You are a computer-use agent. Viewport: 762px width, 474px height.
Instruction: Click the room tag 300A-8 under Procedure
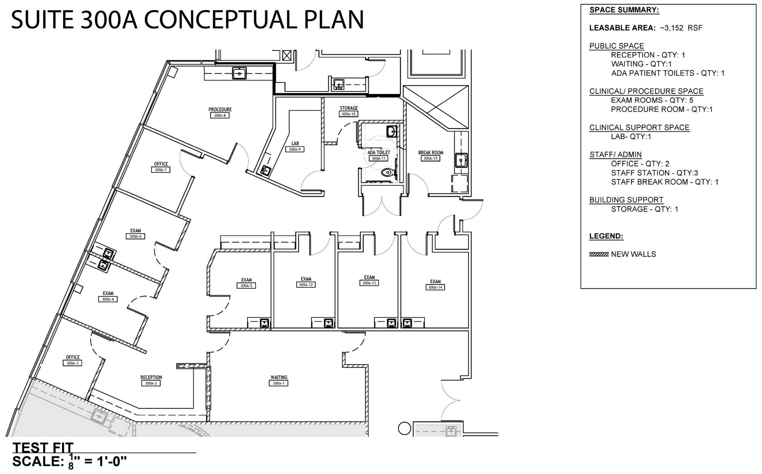[220, 115]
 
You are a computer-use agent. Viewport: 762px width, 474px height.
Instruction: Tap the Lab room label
[295, 144]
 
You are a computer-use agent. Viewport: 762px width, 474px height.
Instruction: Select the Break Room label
[431, 153]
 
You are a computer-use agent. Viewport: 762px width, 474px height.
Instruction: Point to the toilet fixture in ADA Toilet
[387, 172]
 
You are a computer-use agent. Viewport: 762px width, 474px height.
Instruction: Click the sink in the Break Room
[461, 160]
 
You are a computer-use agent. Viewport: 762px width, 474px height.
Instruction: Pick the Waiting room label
[279, 377]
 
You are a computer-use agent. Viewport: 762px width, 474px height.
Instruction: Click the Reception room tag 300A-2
[151, 383]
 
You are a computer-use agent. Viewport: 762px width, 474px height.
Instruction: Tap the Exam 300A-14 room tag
[435, 287]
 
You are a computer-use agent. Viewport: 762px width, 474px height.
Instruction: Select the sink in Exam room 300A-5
[264, 323]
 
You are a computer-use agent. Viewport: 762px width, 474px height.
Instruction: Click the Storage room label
[349, 108]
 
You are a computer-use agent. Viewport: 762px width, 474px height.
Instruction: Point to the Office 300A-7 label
[161, 164]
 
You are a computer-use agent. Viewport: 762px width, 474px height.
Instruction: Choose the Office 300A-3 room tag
[72, 363]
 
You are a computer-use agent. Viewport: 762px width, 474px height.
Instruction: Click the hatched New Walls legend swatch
[599, 254]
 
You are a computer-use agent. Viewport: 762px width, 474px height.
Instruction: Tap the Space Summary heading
[624, 10]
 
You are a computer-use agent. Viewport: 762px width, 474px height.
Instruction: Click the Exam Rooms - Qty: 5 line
[652, 101]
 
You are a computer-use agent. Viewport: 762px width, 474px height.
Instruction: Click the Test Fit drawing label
[43, 447]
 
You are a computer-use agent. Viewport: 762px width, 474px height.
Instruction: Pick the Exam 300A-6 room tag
[136, 236]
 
